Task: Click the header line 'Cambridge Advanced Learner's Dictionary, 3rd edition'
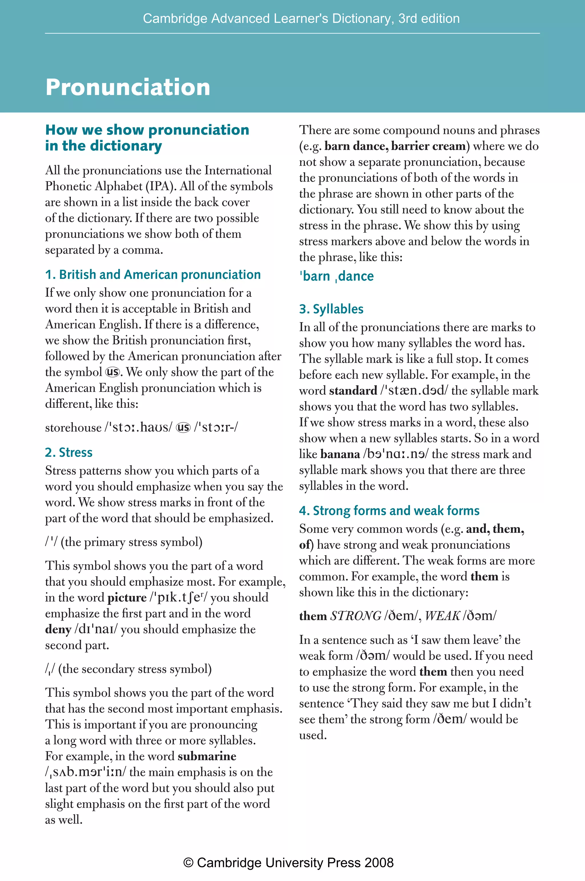pyautogui.click(x=301, y=18)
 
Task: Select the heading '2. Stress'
pyautogui.click(x=69, y=452)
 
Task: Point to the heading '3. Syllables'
pyautogui.click(x=331, y=309)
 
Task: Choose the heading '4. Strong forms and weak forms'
pyautogui.click(x=389, y=510)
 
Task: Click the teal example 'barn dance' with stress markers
pyautogui.click(x=336, y=276)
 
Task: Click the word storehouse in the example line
pyautogui.click(x=73, y=428)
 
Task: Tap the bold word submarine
pyautogui.click(x=207, y=756)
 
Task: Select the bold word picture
pyautogui.click(x=127, y=597)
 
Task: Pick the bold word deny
pyautogui.click(x=58, y=629)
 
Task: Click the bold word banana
pyautogui.click(x=340, y=454)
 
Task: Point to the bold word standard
pyautogui.click(x=353, y=390)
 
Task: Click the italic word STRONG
pyautogui.click(x=356, y=616)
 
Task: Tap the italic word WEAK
pyautogui.click(x=442, y=616)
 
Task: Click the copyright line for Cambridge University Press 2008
pyautogui.click(x=289, y=863)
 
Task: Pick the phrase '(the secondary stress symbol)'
pyautogui.click(x=135, y=669)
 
